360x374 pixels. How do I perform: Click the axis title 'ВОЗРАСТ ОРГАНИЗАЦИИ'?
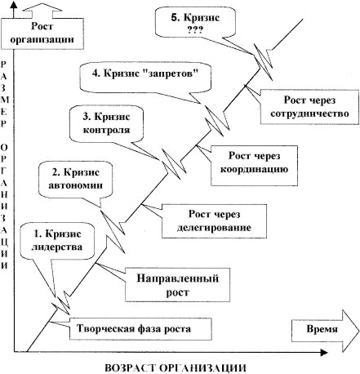pyautogui.click(x=175, y=365)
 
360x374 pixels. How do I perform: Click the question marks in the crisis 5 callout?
pyautogui.click(x=194, y=30)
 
